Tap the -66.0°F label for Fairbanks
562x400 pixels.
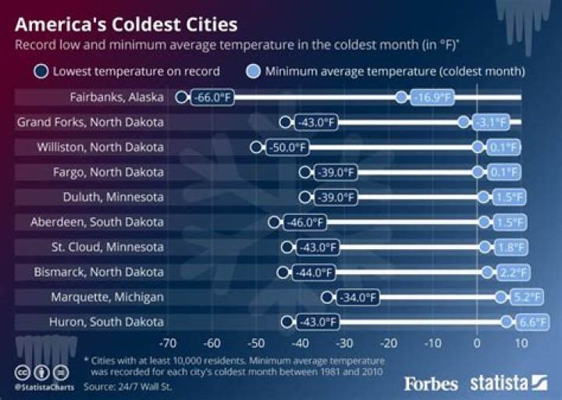[x=214, y=98]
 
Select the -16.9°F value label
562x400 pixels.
[x=432, y=98]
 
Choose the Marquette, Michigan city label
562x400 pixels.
[x=107, y=297]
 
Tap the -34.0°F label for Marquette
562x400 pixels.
[x=358, y=297]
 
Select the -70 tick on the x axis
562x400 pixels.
[x=167, y=342]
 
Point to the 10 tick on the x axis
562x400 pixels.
[x=521, y=342]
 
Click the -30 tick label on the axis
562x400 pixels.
[x=344, y=342]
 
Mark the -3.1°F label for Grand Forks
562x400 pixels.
[x=493, y=123]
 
